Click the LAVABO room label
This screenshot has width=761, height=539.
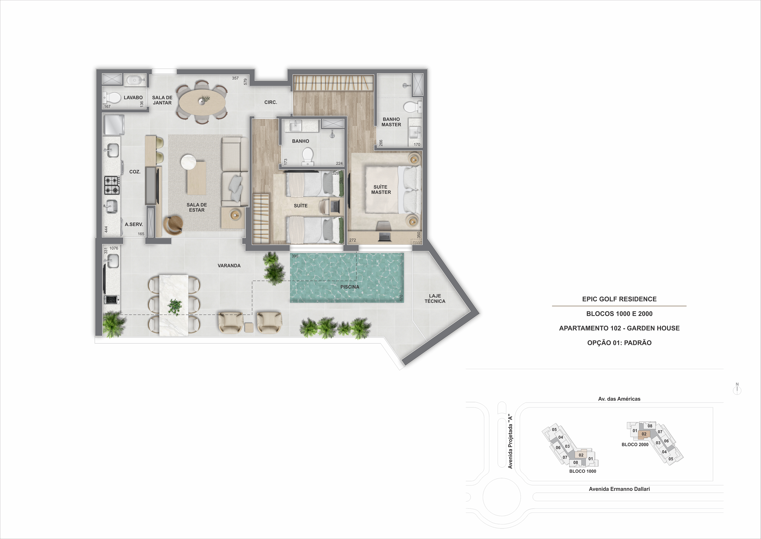133,98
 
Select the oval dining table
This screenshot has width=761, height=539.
202,102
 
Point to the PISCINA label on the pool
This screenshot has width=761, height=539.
350,287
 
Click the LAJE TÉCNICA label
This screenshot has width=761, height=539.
435,298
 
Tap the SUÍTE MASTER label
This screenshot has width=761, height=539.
381,189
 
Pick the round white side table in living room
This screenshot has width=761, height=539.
189,162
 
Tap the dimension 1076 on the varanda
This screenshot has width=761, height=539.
114,248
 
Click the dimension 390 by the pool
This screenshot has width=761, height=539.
295,256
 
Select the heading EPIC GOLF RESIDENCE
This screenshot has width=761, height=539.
619,299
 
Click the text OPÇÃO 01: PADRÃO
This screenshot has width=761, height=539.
619,343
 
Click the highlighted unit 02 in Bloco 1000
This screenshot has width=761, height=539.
581,455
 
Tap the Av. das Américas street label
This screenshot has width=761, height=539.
619,399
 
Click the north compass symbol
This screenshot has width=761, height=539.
737,389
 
